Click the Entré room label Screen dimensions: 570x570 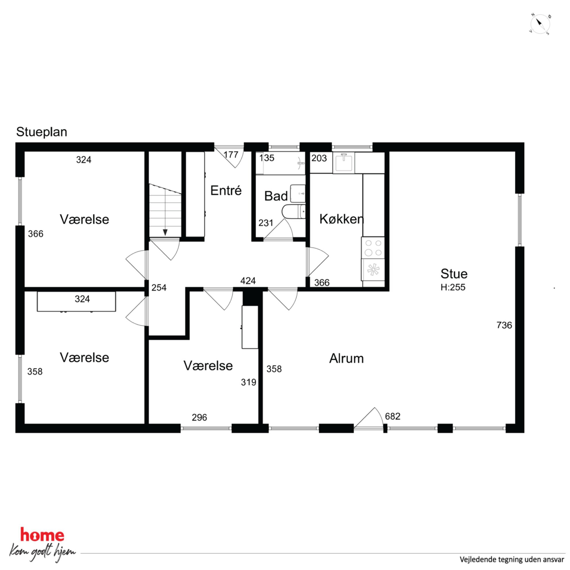coord(226,190)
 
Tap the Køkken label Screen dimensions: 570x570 coord(342,219)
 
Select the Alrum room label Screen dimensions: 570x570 coord(346,359)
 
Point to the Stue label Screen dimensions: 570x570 coord(454,274)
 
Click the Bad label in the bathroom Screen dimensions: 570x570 coord(276,196)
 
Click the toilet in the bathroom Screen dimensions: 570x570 coord(294,212)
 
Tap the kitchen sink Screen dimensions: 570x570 coord(344,162)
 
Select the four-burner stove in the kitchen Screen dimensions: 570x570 coord(373,248)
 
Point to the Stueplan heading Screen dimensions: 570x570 coord(42,132)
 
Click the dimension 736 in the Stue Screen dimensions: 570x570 coord(504,325)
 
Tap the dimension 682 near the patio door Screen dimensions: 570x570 coord(393,416)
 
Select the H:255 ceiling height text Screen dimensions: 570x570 coord(453,287)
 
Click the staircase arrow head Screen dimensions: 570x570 coord(165,232)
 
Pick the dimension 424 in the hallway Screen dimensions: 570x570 coord(248,281)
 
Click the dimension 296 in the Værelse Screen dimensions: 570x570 coord(199,417)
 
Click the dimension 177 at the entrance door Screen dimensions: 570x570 coord(231,155)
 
